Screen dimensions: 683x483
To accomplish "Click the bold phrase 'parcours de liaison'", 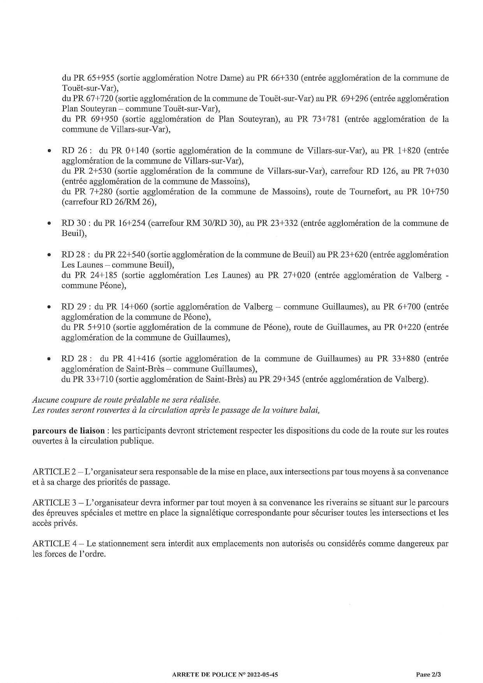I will click(69, 431).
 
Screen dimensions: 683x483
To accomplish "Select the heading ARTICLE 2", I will click(54, 472).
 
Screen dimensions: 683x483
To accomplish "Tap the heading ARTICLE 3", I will click(54, 503).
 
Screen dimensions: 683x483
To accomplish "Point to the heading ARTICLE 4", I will click(54, 544).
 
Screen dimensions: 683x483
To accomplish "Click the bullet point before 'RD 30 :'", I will click(49, 224).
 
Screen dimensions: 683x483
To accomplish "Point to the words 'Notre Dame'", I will click(220, 78).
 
